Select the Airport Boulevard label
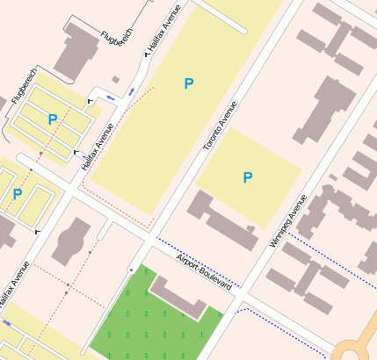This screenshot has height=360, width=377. tap(209, 271)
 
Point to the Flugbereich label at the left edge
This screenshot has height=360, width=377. tap(19, 83)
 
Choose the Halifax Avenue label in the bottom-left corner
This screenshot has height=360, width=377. tap(11, 287)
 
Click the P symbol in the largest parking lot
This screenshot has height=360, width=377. tap(188, 83)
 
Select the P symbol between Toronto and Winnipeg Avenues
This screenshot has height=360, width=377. tap(248, 177)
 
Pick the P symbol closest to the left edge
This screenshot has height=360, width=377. tap(18, 194)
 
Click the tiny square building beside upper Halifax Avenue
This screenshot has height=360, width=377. tap(116, 80)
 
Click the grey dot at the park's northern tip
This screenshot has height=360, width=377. tap(131, 269)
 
